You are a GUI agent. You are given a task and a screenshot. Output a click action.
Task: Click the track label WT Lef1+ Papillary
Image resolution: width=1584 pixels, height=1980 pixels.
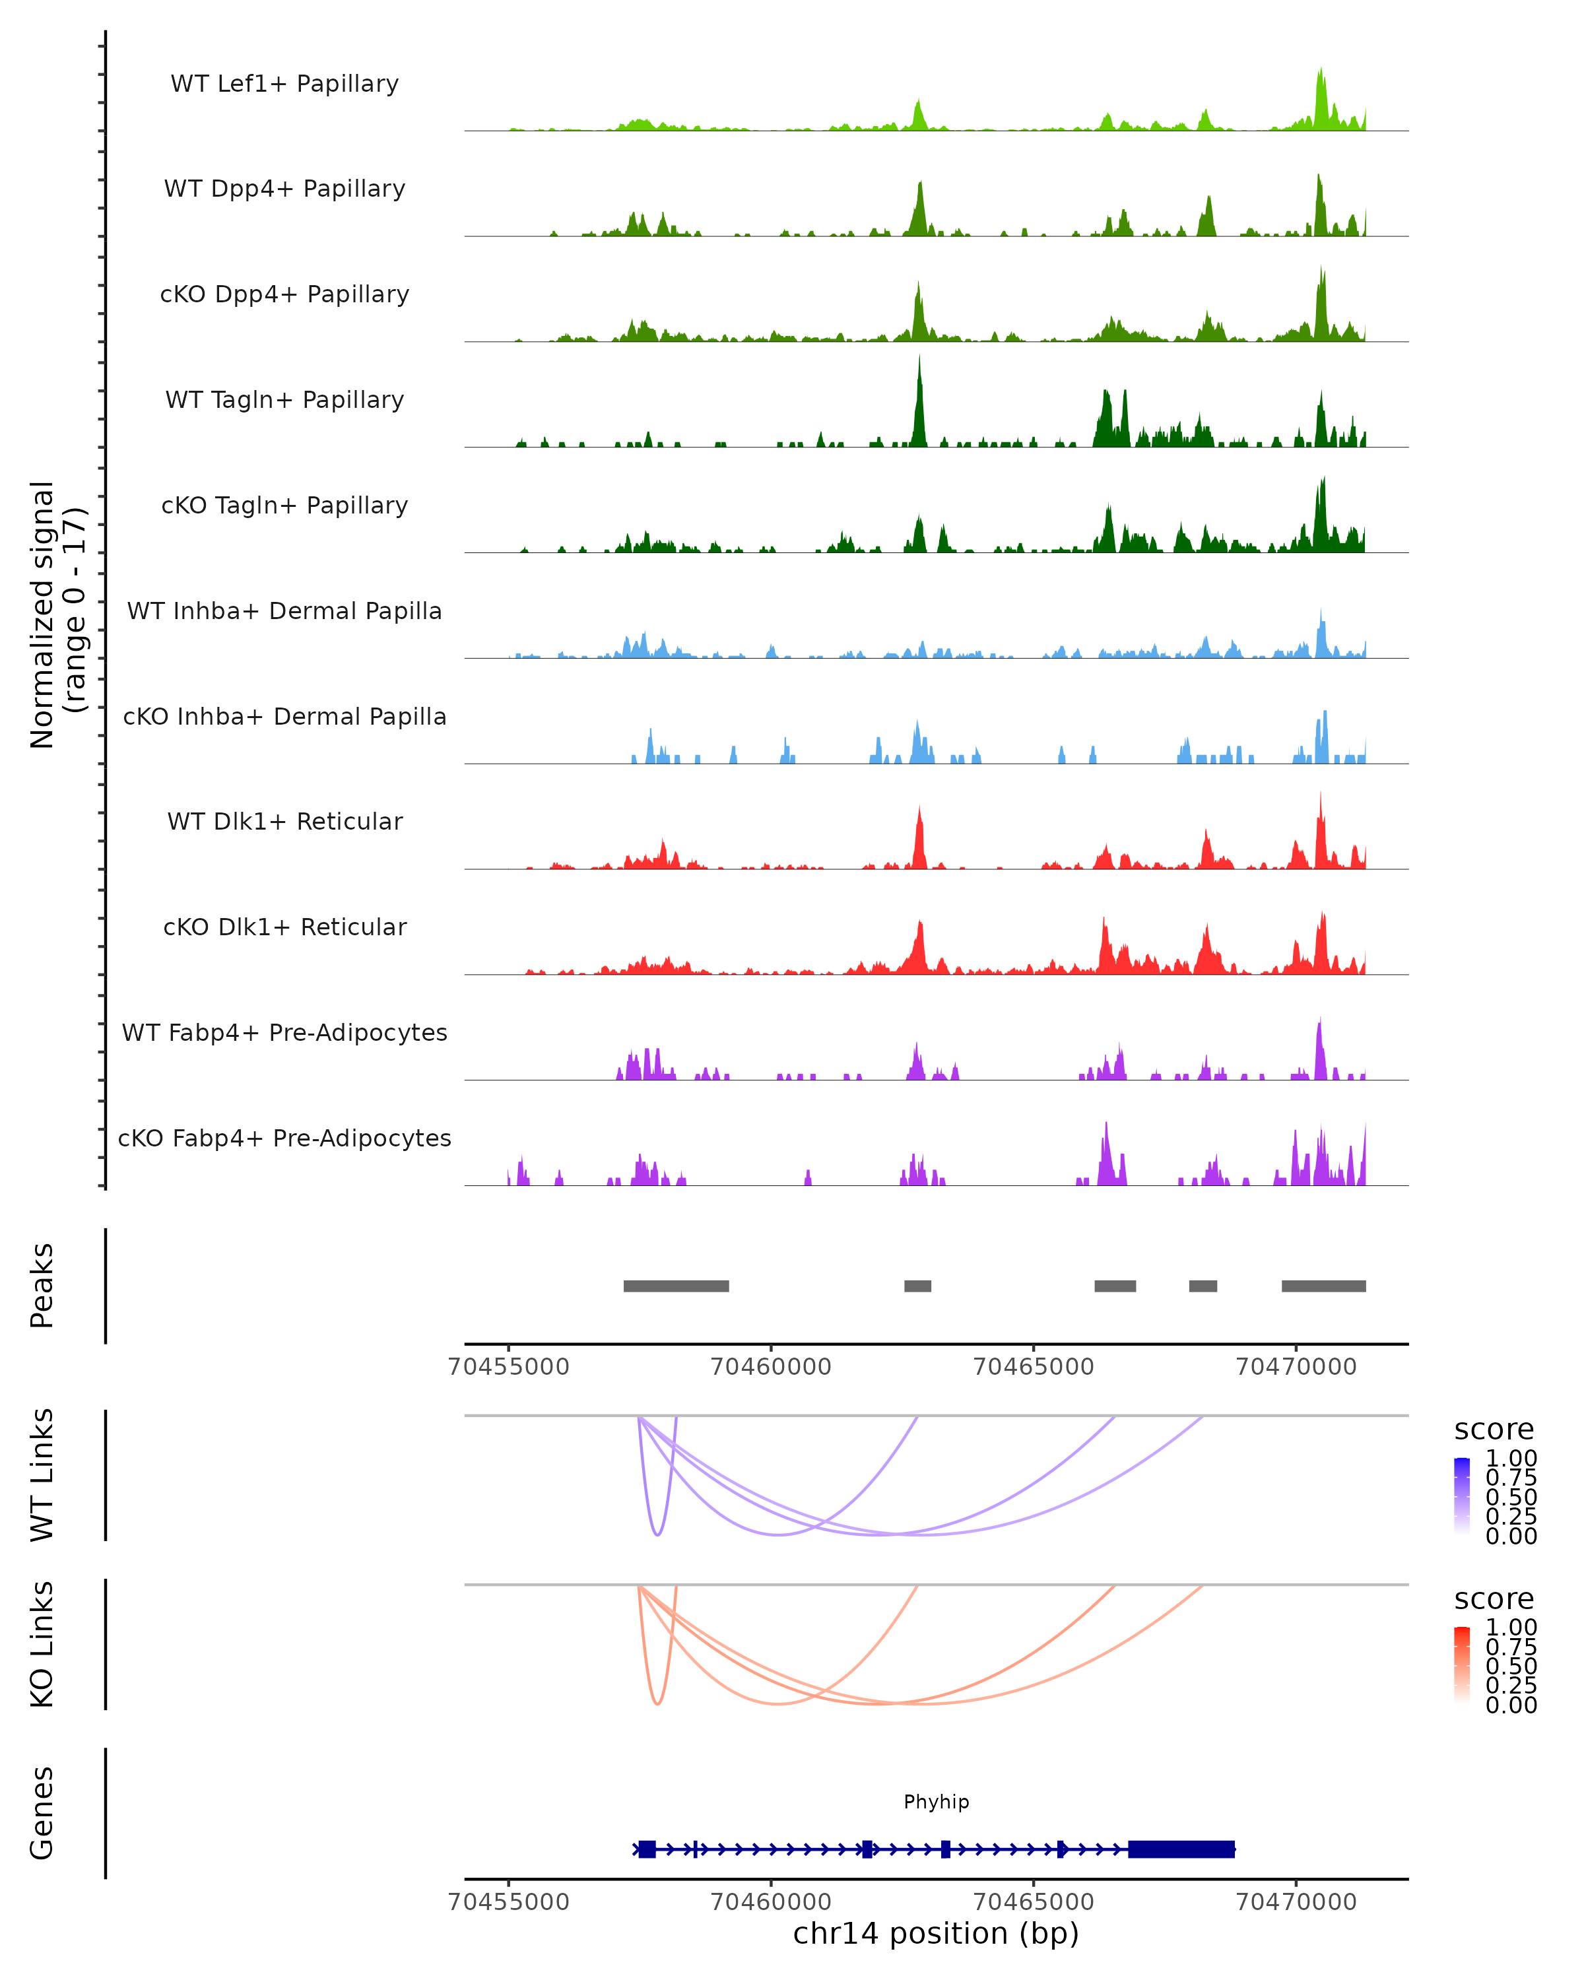coord(284,84)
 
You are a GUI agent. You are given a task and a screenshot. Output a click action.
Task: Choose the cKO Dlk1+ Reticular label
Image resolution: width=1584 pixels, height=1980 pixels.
coord(284,927)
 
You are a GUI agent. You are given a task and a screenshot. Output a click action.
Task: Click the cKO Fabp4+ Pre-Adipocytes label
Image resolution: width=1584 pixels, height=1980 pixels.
coord(284,1138)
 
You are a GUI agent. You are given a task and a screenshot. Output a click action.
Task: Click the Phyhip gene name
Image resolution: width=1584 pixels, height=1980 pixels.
coord(936,1801)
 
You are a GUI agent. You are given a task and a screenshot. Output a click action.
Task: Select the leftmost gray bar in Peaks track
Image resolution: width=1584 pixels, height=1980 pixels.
coord(676,1286)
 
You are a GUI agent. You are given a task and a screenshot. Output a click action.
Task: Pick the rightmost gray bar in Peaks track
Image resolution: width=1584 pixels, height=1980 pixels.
coord(1323,1286)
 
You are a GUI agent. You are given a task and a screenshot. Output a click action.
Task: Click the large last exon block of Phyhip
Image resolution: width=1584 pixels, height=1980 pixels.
coord(1181,1849)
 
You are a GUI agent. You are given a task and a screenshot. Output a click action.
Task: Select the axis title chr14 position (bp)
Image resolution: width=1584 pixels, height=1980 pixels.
coord(936,1933)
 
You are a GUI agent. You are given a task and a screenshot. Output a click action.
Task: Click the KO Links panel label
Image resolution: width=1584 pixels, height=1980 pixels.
coord(42,1644)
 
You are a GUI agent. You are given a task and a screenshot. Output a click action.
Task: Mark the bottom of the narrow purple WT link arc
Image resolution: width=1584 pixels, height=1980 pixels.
coord(657,1534)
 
